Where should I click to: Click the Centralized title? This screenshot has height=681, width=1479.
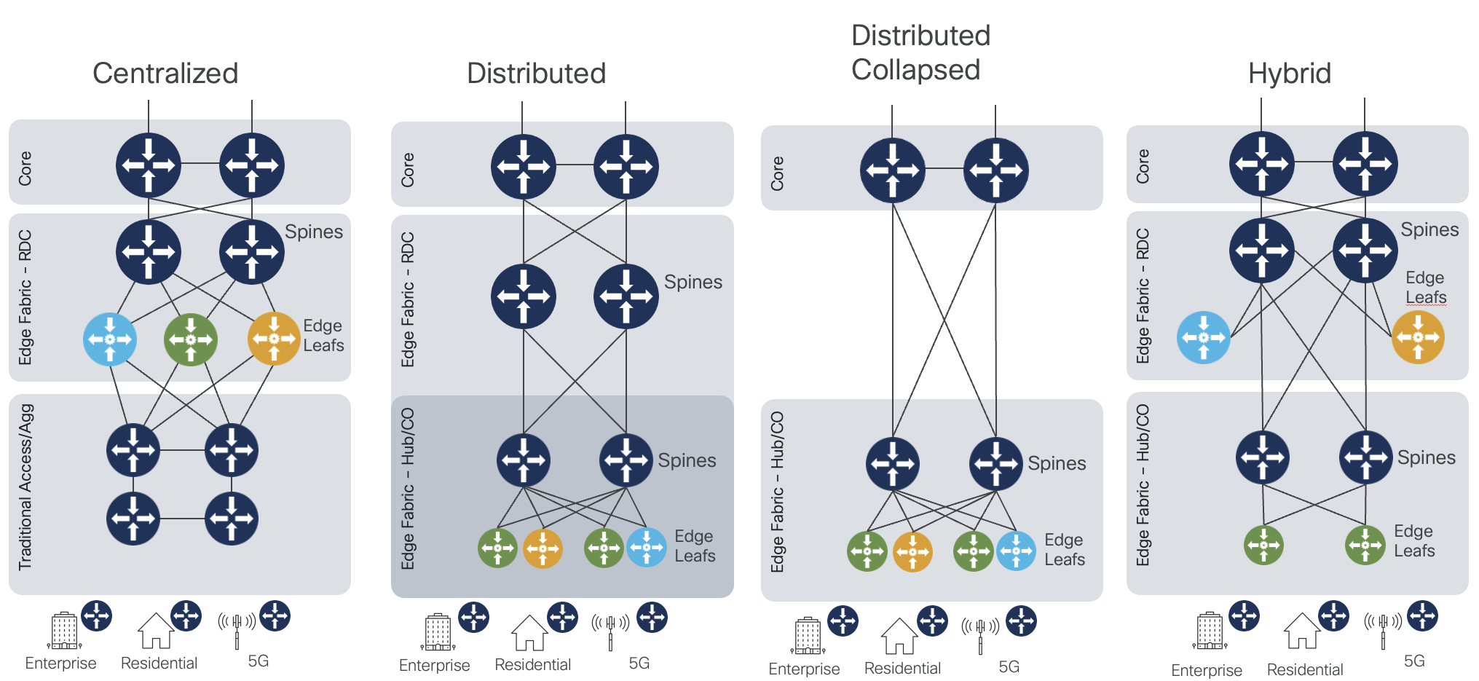tap(165, 73)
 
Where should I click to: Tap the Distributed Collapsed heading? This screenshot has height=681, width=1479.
tap(920, 52)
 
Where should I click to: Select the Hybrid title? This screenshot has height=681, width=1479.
tap(1289, 73)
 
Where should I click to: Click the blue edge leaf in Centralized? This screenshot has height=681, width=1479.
tap(110, 339)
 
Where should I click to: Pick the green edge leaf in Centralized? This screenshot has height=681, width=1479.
tap(191, 339)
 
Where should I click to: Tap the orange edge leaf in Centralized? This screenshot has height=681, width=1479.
tap(274, 338)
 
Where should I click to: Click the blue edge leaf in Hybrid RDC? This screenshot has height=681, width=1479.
tap(1203, 337)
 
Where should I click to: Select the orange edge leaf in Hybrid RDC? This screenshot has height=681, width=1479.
tap(1418, 337)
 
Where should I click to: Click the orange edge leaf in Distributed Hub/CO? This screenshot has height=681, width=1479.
tap(543, 548)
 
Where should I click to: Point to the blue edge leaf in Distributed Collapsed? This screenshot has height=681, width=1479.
tap(1016, 551)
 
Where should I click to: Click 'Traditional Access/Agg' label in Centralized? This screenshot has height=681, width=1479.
tap(25, 487)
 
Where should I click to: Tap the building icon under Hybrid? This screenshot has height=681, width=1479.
tap(1210, 631)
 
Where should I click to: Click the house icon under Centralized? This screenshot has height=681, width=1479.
tap(156, 631)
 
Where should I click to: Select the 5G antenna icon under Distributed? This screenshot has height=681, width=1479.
tap(610, 631)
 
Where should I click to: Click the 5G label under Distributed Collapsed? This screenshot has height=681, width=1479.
tap(1009, 666)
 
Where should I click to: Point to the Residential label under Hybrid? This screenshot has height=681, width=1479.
tap(1305, 669)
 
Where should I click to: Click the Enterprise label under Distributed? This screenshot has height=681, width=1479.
tap(434, 665)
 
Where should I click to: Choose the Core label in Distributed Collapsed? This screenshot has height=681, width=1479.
tap(778, 173)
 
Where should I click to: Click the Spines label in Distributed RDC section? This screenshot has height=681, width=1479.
tap(693, 282)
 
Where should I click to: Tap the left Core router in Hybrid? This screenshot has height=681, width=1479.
tap(1261, 164)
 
